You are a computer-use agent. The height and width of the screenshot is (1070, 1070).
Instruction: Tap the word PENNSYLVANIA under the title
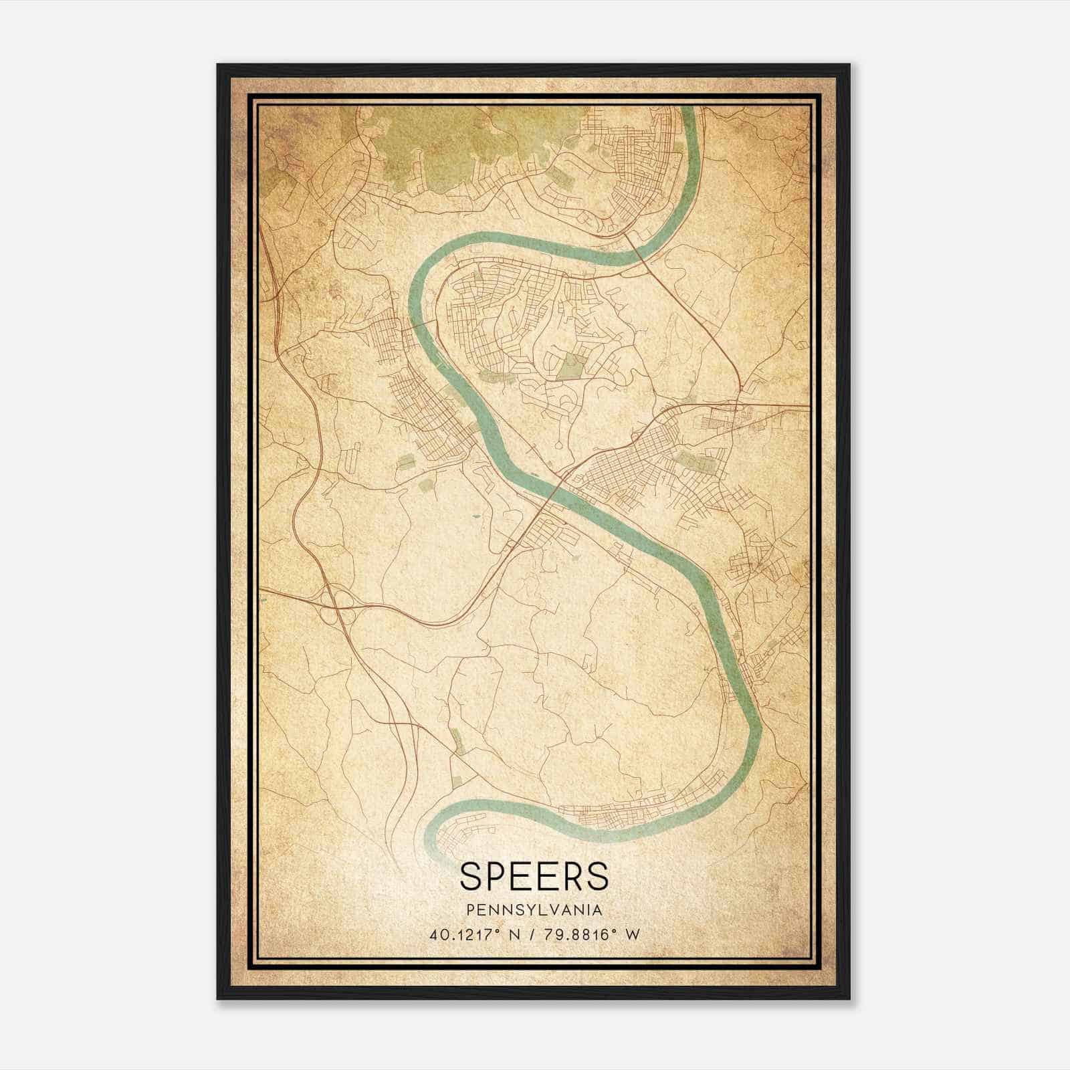coord(534,910)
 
